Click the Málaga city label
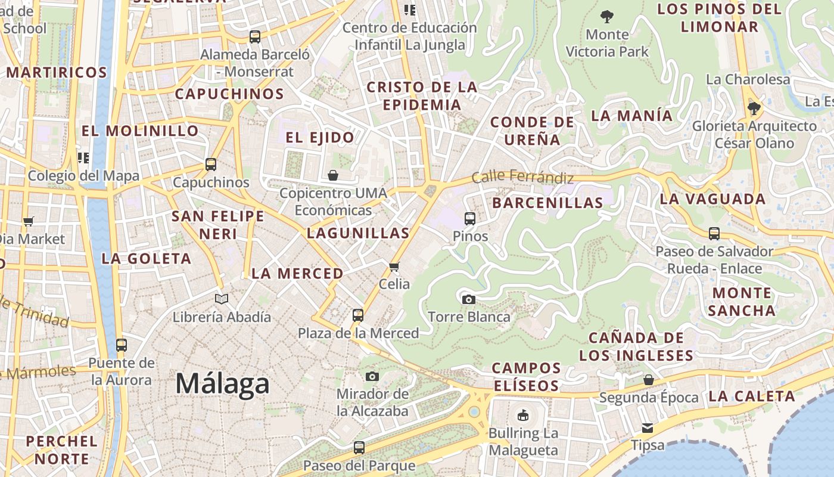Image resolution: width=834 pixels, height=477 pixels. coord(222,384)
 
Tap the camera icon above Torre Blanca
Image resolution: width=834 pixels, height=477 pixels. coord(469,299)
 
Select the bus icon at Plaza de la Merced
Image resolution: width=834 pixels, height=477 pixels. coord(358,315)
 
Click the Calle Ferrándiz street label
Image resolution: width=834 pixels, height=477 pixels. coord(522,177)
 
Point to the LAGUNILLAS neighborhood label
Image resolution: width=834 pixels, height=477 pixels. coord(358,233)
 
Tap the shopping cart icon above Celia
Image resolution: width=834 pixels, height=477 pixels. coord(394,266)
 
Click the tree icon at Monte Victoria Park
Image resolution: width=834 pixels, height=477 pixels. coord(607,17)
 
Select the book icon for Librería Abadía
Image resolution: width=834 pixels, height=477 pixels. coord(222,299)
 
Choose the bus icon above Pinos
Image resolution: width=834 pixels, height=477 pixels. coord(470,219)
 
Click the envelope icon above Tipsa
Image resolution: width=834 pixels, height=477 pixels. coord(648,428)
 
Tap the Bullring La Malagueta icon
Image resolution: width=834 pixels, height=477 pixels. coord(523,415)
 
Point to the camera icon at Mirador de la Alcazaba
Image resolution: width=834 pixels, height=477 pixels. coord(372,376)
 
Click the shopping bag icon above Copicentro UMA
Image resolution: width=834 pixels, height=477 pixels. coord(333,175)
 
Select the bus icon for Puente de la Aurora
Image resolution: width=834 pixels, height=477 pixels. coord(121,345)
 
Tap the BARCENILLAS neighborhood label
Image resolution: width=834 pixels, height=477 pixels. coord(547,203)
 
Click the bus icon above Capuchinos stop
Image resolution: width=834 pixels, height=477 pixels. coord(210,165)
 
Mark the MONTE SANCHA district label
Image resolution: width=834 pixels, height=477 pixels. coord(742,302)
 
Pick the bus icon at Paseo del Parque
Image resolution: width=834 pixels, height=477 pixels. coord(359,448)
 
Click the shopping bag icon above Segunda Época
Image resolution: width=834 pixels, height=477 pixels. coord(649,380)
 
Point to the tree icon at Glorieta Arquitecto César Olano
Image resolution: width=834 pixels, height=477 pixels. coord(754,109)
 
